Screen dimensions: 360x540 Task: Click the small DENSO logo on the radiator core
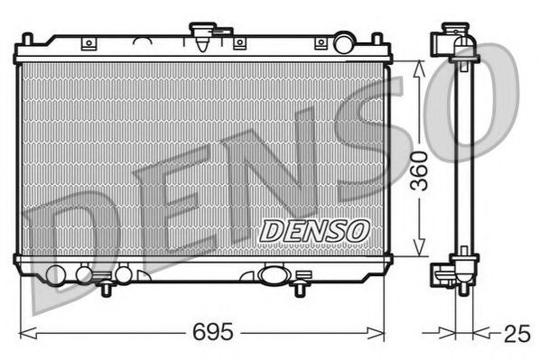314,230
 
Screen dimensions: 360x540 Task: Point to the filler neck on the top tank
201,37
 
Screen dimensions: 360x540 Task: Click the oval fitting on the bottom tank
270,274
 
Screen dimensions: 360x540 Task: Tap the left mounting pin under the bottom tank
107,288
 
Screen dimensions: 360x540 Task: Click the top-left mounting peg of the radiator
29,41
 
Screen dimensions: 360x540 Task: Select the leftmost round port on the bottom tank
56,275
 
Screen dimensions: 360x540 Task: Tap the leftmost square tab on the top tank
88,43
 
